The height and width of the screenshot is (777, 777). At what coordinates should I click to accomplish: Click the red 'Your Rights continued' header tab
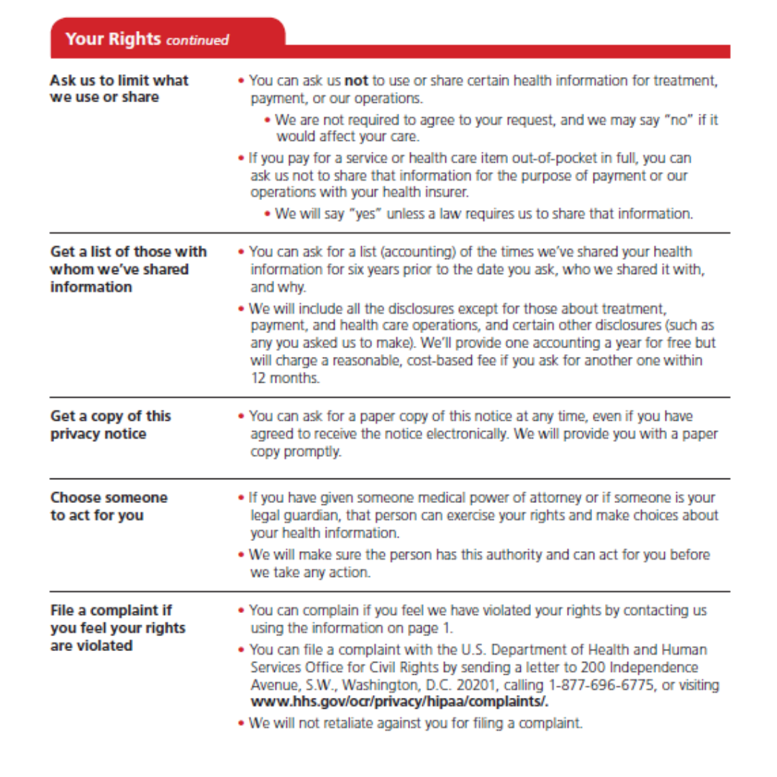(147, 39)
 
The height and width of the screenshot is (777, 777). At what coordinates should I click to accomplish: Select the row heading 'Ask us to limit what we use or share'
(119, 88)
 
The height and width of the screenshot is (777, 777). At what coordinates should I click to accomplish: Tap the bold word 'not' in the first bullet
(356, 81)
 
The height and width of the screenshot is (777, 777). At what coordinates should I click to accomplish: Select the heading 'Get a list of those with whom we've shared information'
(127, 269)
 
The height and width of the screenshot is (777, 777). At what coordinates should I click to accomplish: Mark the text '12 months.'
(285, 378)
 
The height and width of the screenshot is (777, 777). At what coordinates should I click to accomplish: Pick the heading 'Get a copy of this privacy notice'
(110, 424)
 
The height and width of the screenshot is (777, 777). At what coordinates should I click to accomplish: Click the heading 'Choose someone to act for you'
(108, 506)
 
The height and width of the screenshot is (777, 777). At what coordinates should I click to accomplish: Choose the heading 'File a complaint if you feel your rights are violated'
(117, 627)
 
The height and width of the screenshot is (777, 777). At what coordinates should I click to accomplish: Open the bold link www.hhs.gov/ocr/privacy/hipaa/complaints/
(399, 702)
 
